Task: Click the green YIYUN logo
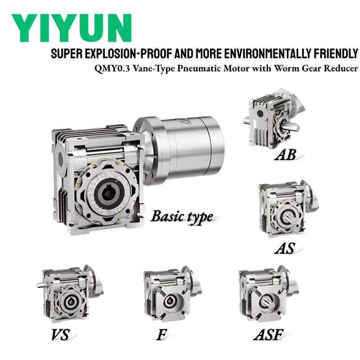point(72,28)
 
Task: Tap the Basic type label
point(182,216)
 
